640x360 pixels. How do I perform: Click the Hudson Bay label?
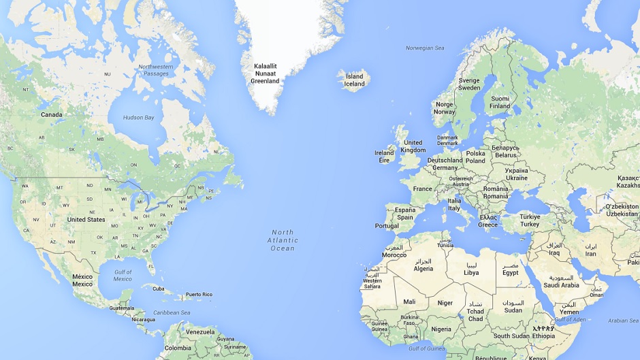click(x=138, y=118)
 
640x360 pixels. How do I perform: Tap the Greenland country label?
click(x=265, y=73)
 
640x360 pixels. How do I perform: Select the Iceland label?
click(x=354, y=80)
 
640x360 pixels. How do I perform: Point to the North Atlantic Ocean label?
click(x=283, y=240)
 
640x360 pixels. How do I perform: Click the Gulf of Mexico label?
click(x=123, y=276)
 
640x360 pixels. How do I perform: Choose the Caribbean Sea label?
click(x=172, y=312)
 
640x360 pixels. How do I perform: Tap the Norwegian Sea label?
click(x=425, y=48)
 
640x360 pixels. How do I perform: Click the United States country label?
click(x=86, y=220)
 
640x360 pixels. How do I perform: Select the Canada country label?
click(x=52, y=115)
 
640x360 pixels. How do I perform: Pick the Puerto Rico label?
click(x=199, y=295)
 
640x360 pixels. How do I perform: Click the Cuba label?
click(x=159, y=289)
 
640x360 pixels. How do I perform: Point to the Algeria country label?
click(x=423, y=265)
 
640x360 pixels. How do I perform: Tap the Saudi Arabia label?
click(x=561, y=281)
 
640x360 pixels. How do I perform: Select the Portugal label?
click(x=387, y=226)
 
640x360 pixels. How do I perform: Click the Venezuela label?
click(x=200, y=331)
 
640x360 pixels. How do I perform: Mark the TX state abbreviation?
click(x=93, y=252)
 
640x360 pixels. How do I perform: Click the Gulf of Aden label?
click(x=571, y=320)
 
